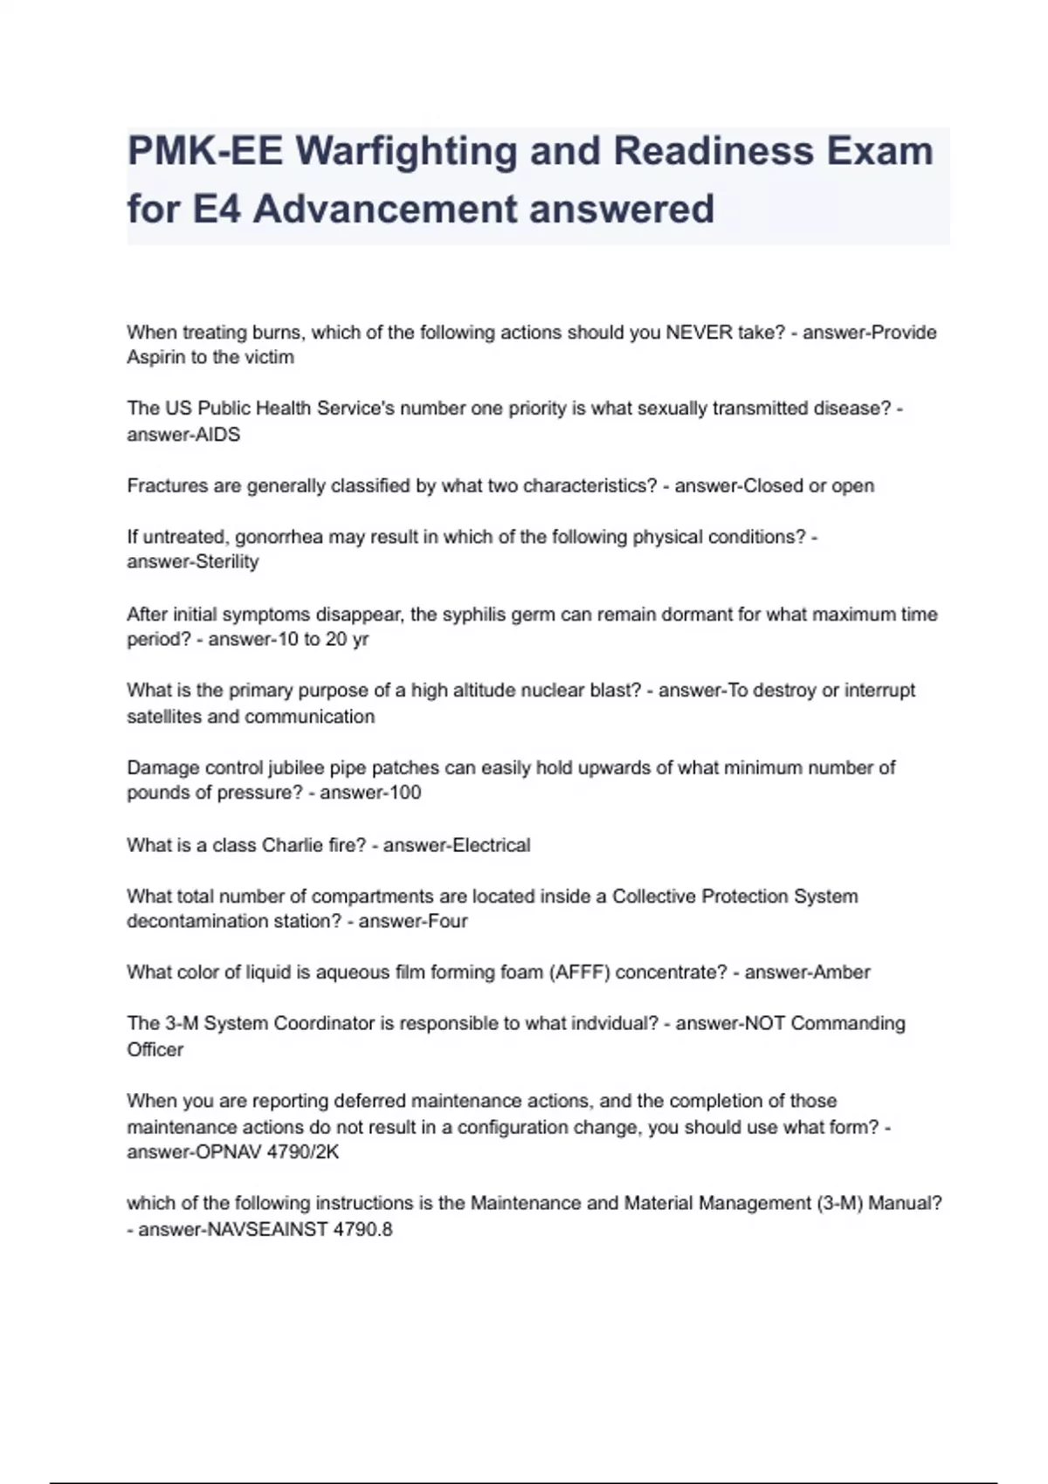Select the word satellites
[x=163, y=717]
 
